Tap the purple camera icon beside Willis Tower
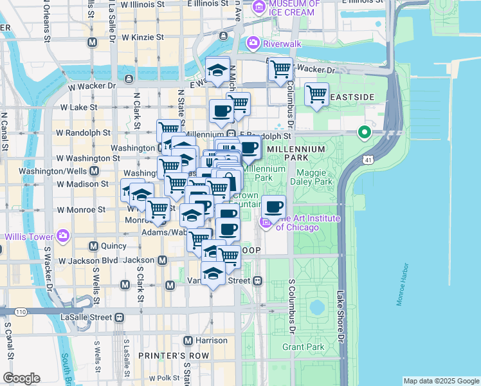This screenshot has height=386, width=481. [x=63, y=235]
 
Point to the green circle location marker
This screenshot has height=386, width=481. [x=364, y=133]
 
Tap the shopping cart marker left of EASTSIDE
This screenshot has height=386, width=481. [x=316, y=94]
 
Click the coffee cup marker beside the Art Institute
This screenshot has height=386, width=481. [x=274, y=207]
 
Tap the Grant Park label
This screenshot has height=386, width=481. [x=303, y=347]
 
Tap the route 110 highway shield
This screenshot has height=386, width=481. [x=21, y=312]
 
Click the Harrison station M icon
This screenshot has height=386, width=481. [x=188, y=340]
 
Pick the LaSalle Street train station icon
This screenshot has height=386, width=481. [x=119, y=317]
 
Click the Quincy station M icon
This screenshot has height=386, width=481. [x=93, y=246]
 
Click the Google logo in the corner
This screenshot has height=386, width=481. [x=22, y=378]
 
